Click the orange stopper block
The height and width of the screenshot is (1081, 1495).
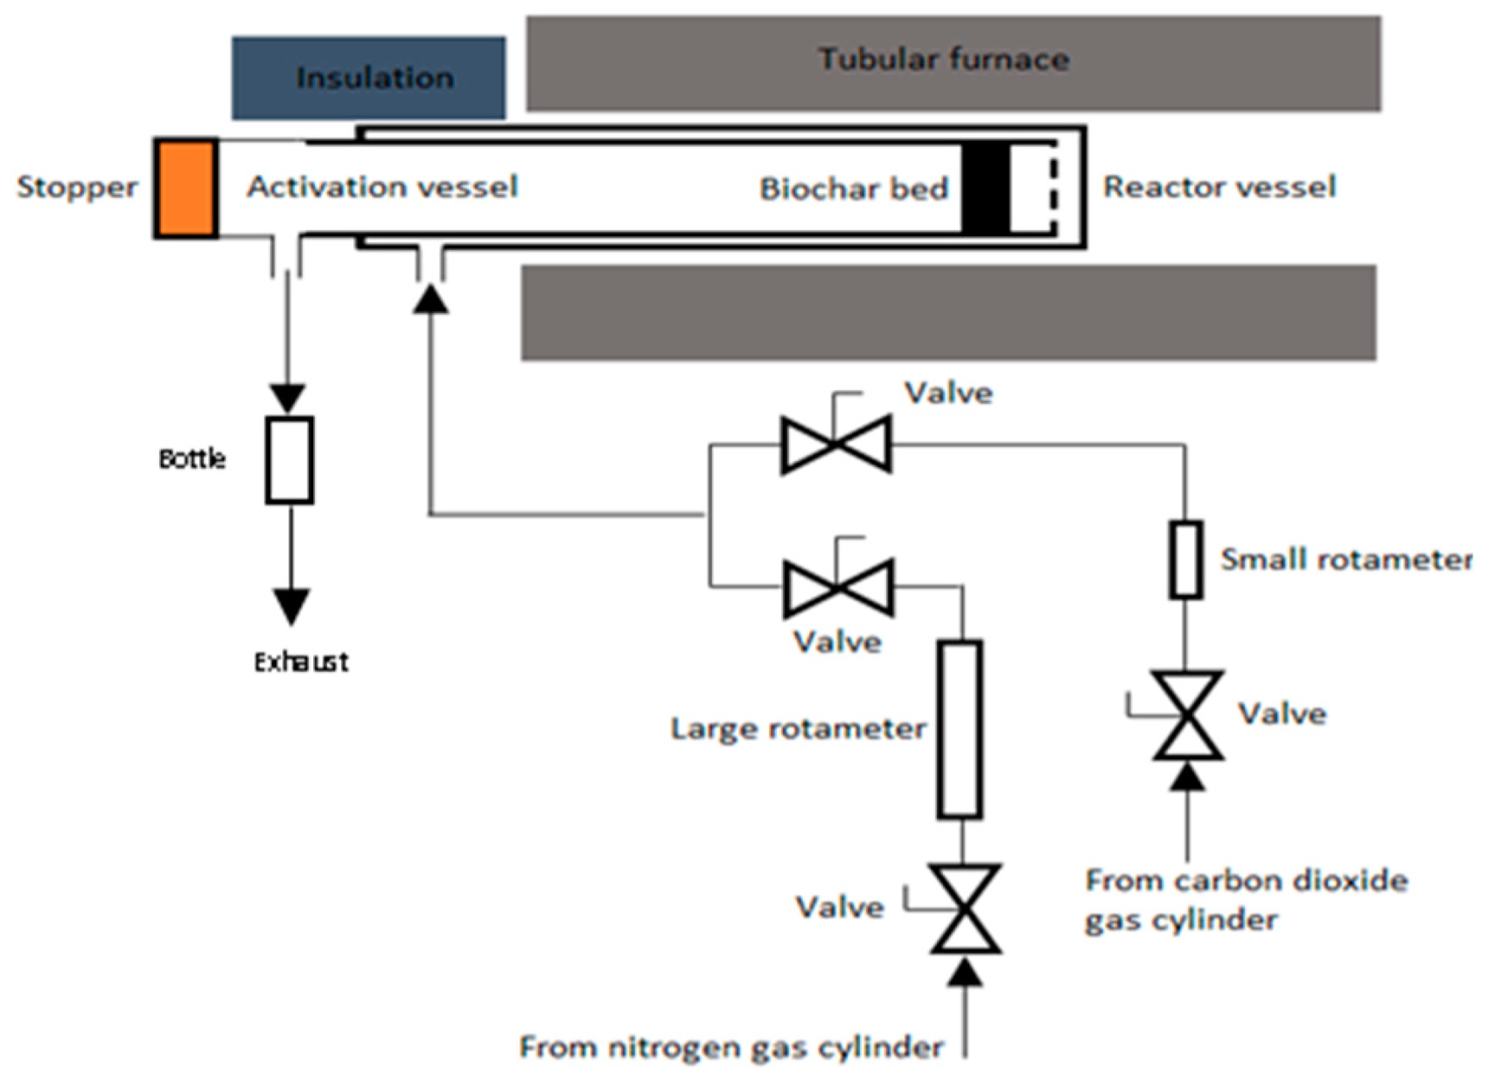pos(185,187)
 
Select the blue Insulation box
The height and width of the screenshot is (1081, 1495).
pos(368,78)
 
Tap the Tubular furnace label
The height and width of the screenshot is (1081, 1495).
pos(944,59)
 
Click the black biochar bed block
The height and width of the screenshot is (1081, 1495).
pos(985,188)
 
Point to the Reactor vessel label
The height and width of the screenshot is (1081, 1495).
pos(1219,187)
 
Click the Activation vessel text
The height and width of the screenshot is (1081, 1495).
pos(382,187)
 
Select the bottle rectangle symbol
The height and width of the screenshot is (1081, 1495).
pos(290,460)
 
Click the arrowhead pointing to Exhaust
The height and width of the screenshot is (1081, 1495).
pos(291,606)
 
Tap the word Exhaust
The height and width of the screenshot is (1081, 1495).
pos(301,662)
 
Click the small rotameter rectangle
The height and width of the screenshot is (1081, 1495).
pos(1185,560)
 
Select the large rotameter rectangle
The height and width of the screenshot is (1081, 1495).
pos(960,729)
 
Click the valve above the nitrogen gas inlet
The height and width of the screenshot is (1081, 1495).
pos(965,909)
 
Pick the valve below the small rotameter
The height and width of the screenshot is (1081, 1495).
pos(1187,715)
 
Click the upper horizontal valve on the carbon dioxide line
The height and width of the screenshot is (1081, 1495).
pos(836,444)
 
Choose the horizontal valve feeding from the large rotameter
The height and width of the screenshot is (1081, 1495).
pos(838,588)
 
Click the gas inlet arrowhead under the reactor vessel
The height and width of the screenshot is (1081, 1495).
pos(430,299)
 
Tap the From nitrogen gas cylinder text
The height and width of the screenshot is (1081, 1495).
pos(730,1047)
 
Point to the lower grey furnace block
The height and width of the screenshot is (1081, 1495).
pos(948,313)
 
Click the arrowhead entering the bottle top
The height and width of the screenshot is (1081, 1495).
pos(288,399)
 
